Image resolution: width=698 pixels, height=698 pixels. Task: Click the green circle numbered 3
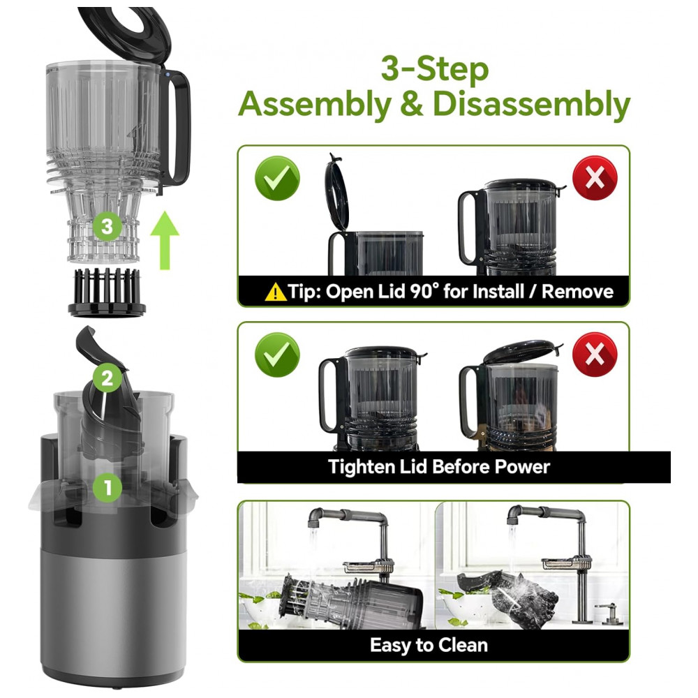pos(107,226)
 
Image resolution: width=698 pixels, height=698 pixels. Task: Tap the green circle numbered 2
pos(107,378)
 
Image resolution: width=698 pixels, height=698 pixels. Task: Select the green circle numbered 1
pos(107,487)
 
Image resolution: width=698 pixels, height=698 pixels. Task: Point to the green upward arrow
pos(165,240)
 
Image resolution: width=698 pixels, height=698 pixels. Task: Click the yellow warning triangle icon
pos(275,292)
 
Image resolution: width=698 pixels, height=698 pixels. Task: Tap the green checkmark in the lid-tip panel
pos(277,178)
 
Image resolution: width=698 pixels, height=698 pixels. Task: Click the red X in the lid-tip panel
pos(595,178)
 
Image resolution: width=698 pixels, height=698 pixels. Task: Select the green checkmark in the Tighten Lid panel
pos(277,355)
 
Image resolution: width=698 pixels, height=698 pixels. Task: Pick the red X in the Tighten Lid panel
pos(595,355)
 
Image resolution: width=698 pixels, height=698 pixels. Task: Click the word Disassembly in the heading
pos(531,105)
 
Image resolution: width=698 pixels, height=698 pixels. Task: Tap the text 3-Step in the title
pos(435,69)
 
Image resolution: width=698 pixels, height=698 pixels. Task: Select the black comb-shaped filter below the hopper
pos(107,292)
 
